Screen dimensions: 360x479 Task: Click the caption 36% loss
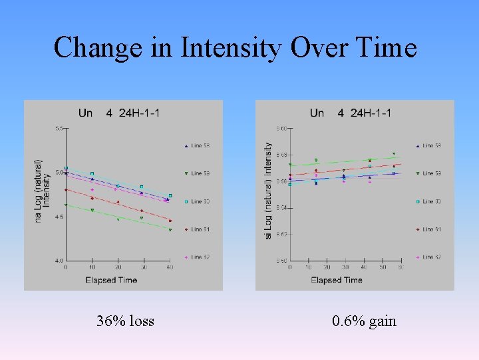tap(125, 321)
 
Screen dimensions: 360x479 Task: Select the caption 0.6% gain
tap(364, 321)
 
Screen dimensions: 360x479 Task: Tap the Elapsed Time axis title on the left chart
tap(111, 280)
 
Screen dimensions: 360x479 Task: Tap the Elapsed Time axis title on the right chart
tap(337, 280)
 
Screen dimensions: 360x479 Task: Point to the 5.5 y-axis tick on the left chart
tap(59, 128)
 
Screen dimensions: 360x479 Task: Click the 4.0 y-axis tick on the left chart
tap(59, 260)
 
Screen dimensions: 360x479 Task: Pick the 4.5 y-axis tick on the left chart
tap(59, 217)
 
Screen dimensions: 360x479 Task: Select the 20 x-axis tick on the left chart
tap(118, 267)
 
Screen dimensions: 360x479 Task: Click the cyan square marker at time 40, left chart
tap(170, 195)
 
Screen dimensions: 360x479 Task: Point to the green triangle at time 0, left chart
tap(66, 205)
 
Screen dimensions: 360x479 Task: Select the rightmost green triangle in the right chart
tap(394, 154)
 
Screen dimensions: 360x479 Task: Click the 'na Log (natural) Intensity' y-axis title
tap(42, 190)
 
